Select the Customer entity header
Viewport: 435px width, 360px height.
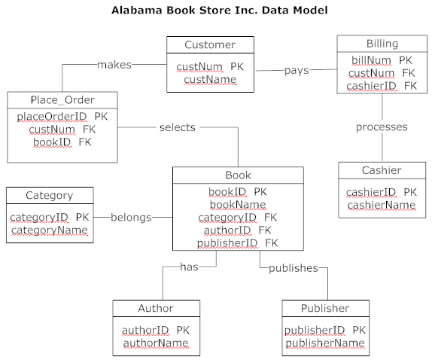(x=210, y=45)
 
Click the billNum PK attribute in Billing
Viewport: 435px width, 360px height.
(x=382, y=60)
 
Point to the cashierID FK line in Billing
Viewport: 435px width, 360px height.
(x=382, y=86)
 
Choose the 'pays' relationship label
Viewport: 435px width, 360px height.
(x=297, y=70)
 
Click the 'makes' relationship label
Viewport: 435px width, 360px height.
(x=114, y=65)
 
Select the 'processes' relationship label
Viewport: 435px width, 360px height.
(x=382, y=127)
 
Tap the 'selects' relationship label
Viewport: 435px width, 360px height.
(x=177, y=127)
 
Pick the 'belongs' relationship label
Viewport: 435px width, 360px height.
(x=131, y=217)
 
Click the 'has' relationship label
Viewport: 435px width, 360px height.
(x=188, y=266)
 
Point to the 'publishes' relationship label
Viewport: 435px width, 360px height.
(x=293, y=267)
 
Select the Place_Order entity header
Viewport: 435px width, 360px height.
(x=62, y=100)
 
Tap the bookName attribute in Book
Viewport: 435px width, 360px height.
(x=237, y=204)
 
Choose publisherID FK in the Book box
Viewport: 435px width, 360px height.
(x=237, y=243)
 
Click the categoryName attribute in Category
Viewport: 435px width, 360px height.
(x=49, y=230)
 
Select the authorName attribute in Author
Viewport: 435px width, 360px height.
(x=156, y=343)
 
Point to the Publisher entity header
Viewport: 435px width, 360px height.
(x=325, y=308)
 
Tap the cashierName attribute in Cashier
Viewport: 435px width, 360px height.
(x=381, y=205)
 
